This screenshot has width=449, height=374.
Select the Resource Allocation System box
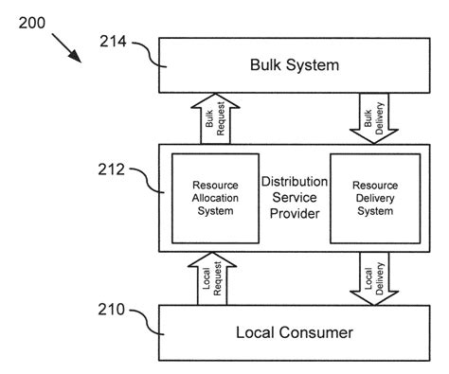click(215, 198)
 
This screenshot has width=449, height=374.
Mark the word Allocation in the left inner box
click(215, 198)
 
